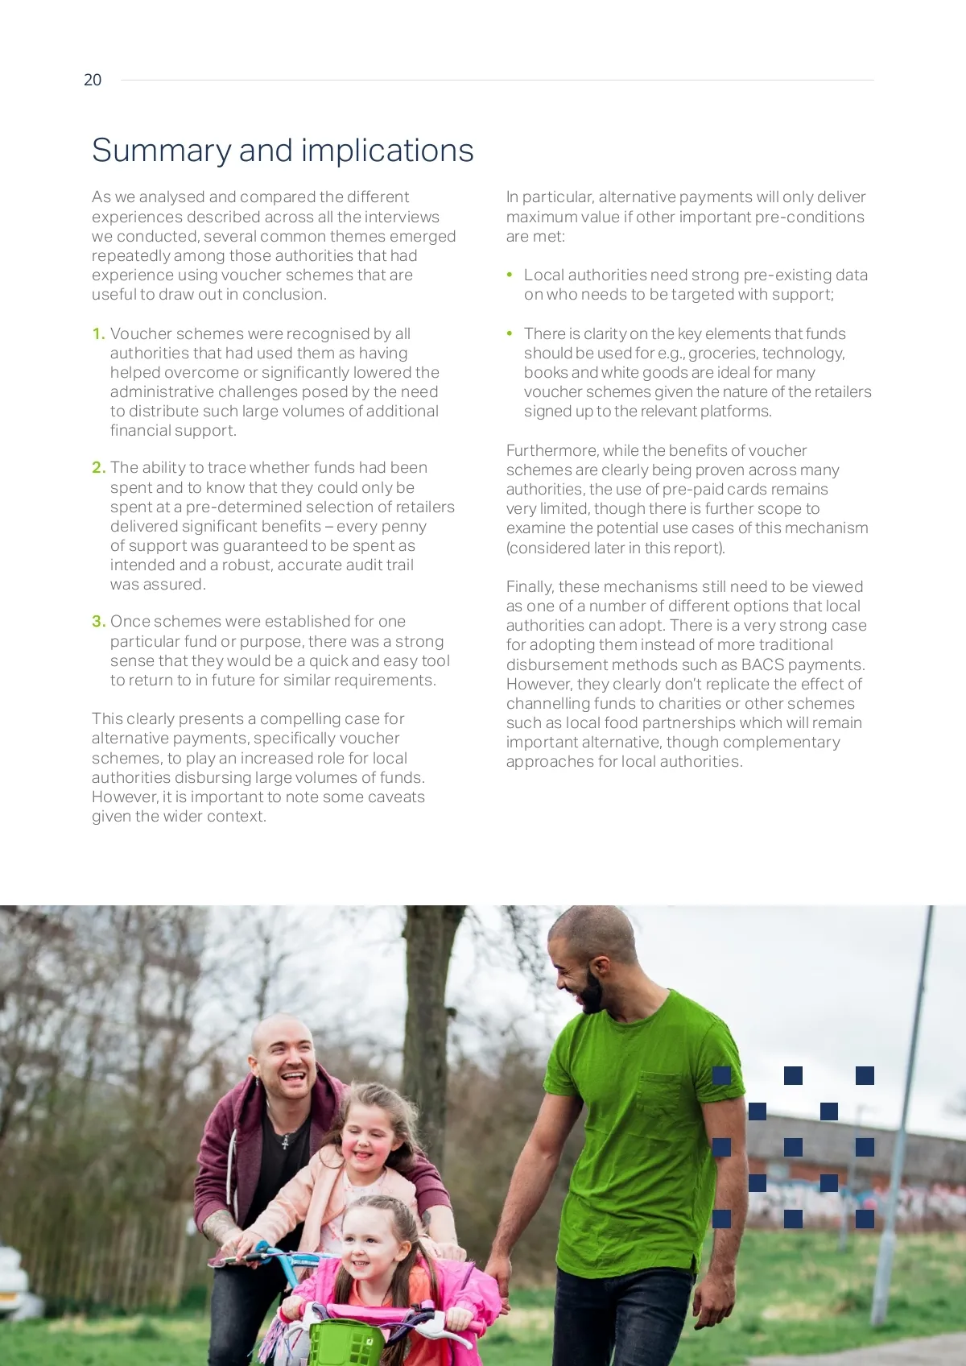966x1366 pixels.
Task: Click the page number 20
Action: (x=93, y=80)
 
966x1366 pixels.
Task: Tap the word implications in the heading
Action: (x=387, y=151)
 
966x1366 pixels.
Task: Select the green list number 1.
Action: (x=98, y=333)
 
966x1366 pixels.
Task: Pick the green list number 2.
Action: (x=98, y=468)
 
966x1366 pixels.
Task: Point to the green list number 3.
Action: (x=98, y=622)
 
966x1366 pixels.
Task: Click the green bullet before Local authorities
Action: (x=510, y=275)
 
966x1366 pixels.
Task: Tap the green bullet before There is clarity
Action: (x=510, y=333)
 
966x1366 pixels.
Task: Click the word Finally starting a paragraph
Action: (x=530, y=586)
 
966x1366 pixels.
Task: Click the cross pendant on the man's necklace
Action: (x=286, y=1140)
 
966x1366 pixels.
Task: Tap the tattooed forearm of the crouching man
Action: (x=219, y=1226)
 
